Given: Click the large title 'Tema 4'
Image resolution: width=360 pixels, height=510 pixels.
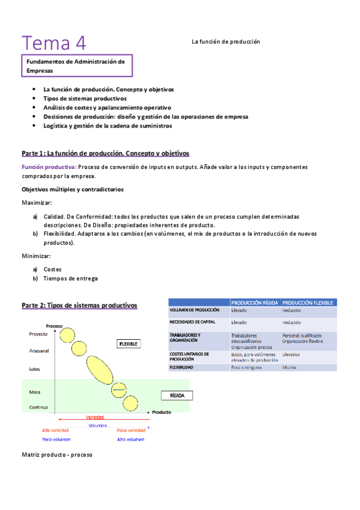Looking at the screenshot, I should point(53,43).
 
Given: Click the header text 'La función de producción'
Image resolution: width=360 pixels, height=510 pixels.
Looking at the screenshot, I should point(225,42).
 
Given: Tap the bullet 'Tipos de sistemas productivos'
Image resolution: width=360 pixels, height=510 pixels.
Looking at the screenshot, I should point(85,98).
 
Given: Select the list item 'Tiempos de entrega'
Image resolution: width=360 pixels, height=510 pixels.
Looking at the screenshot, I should point(70,278).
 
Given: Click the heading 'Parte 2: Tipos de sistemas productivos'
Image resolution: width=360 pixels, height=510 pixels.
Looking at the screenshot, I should point(79,306).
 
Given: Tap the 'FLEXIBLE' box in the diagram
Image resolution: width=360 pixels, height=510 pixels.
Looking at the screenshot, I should point(128,343).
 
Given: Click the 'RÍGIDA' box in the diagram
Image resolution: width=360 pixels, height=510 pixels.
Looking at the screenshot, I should point(176,396).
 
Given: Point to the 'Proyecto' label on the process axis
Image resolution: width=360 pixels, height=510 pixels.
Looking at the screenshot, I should point(38,333).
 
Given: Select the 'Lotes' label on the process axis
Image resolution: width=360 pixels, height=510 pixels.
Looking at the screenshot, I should point(34,369).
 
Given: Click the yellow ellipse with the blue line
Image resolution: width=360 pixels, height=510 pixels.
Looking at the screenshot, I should point(120,390).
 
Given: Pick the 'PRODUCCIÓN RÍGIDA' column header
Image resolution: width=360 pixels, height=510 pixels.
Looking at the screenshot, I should point(254,303).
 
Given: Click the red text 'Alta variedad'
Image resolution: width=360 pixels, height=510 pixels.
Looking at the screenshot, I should point(55,431).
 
